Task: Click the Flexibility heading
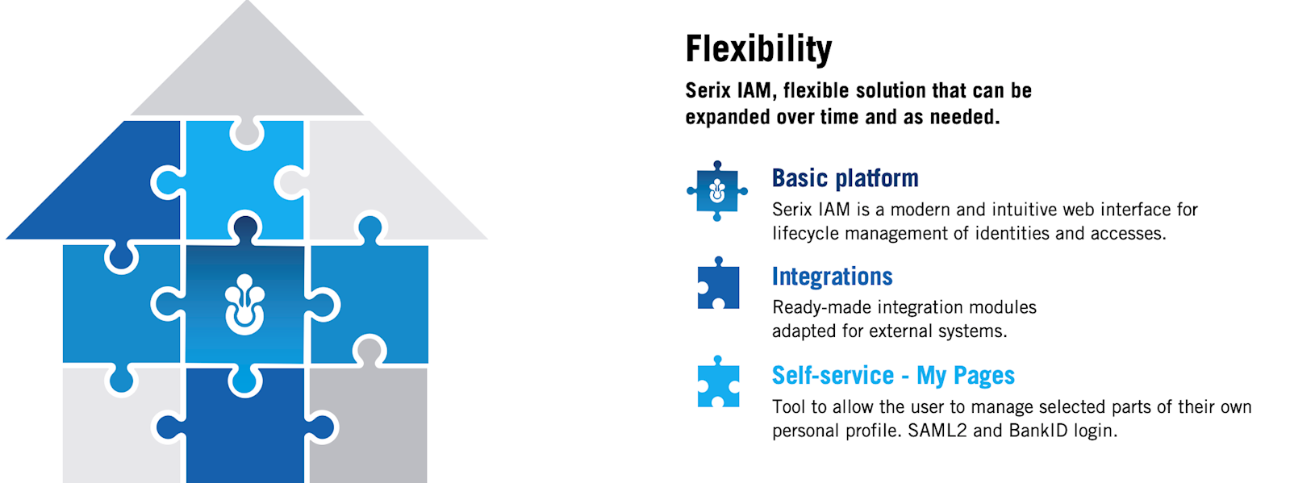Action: pyautogui.click(x=758, y=49)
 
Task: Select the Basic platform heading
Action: pyautogui.click(x=845, y=178)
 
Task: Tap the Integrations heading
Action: pyautogui.click(x=832, y=277)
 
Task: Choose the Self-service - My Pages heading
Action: pyautogui.click(x=893, y=375)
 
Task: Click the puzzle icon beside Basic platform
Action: pyautogui.click(x=717, y=191)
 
